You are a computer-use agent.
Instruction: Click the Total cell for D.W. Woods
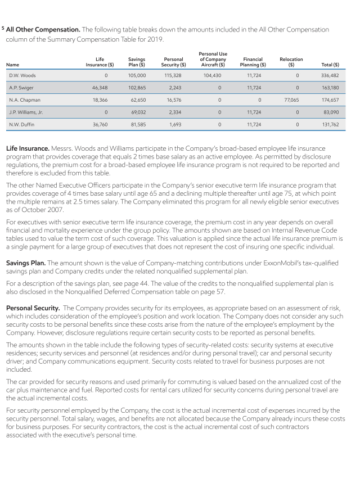[x=330, y=75]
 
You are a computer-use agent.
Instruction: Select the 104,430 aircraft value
[x=212, y=75]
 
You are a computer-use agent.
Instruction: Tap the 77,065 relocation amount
[x=290, y=100]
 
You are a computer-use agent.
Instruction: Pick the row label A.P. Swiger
[x=20, y=87]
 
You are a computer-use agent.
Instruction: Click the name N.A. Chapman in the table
[x=22, y=100]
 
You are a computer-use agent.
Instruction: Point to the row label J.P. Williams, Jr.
[x=26, y=112]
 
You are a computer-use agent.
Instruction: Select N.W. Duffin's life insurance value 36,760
[x=100, y=124]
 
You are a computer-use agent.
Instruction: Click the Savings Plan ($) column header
[x=137, y=62]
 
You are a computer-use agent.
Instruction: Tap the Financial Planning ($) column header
[x=253, y=62]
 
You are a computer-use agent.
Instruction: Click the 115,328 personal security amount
[x=173, y=75]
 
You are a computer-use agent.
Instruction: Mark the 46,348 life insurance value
[x=100, y=87]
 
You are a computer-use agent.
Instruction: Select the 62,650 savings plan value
[x=138, y=100]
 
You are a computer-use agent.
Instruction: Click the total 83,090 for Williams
[x=331, y=112]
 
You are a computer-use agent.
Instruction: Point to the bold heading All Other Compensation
[x=43, y=29]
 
